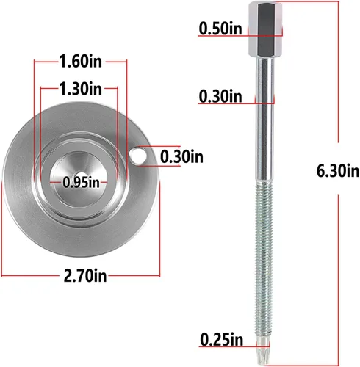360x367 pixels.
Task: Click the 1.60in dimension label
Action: [x=81, y=61]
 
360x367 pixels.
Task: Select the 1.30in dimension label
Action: [x=81, y=88]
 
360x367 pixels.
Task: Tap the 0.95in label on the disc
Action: [x=81, y=183]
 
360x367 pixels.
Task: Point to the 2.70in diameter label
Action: [x=85, y=275]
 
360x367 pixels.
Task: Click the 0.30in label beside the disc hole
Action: [x=181, y=156]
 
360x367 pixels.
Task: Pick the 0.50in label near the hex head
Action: [x=220, y=29]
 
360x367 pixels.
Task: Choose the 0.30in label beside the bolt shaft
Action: [x=220, y=96]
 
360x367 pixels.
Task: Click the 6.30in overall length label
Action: [x=338, y=171]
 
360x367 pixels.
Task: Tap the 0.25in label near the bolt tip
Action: [x=222, y=340]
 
